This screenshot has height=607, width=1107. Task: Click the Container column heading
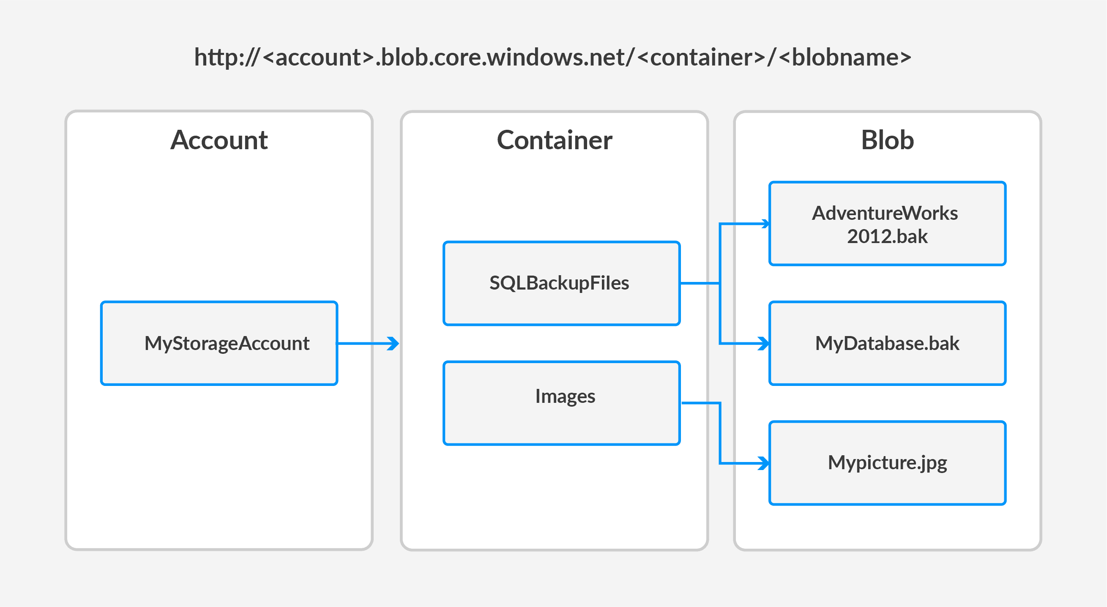[x=555, y=140]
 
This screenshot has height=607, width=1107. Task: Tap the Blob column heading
[x=887, y=140]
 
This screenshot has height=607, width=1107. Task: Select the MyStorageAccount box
[x=219, y=343]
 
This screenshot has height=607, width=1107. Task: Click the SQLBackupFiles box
[x=561, y=283]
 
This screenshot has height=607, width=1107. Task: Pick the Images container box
[x=561, y=403]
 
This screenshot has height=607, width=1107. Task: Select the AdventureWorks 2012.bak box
[x=887, y=224]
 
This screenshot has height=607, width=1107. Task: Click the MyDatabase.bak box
[x=887, y=343]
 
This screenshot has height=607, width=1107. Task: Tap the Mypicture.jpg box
[x=887, y=462]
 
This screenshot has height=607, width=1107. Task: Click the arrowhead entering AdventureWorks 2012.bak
[x=765, y=224]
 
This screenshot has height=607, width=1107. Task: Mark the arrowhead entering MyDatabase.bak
[x=765, y=344]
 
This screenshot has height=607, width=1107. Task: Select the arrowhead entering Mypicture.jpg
[x=765, y=463]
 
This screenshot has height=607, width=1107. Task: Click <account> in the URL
[x=318, y=57]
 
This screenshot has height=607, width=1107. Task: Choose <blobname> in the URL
[x=845, y=57]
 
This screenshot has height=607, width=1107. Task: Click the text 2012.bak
[x=887, y=236]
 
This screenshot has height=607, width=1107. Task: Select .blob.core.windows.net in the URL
[x=503, y=57]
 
